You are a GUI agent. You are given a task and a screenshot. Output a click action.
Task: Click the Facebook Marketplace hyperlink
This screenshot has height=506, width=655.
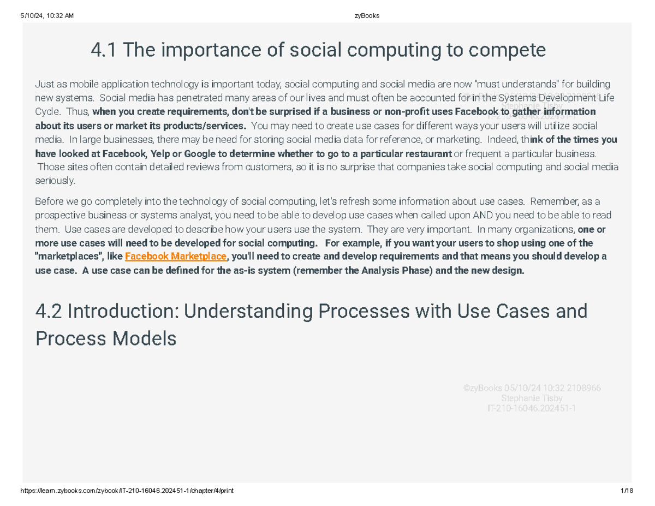(x=175, y=257)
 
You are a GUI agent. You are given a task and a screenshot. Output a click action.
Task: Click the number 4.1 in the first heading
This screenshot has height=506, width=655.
(x=103, y=51)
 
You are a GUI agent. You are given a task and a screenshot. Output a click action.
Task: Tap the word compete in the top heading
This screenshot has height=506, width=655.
(x=511, y=51)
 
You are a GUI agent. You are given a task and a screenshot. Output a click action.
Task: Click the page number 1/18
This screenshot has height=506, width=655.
(x=627, y=491)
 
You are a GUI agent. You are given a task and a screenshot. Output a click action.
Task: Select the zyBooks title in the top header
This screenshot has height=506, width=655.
(x=366, y=16)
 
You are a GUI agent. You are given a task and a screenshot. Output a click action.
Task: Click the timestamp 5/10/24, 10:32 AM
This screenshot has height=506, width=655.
(x=46, y=16)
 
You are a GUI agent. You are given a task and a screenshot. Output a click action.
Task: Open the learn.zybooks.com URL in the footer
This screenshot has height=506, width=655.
(x=128, y=491)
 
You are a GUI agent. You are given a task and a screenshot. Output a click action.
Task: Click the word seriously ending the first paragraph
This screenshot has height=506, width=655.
(x=55, y=181)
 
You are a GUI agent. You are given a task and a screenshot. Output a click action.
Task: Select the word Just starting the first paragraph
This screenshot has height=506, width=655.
(x=45, y=85)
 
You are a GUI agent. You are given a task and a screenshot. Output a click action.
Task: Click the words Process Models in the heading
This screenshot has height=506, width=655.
(x=106, y=339)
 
